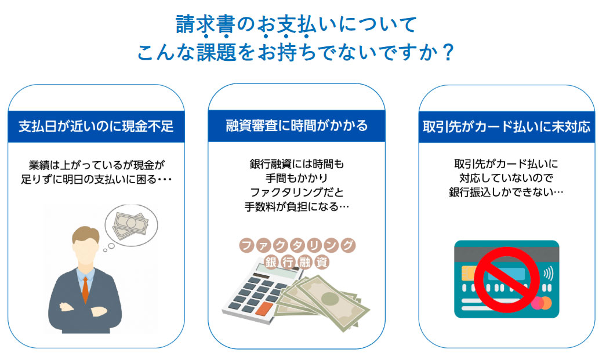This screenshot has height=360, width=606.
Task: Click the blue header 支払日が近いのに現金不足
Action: point(96,126)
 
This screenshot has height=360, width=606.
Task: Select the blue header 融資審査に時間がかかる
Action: point(296,126)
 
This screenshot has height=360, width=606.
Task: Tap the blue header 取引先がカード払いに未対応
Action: point(506,126)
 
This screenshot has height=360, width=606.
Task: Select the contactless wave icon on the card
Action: point(547,272)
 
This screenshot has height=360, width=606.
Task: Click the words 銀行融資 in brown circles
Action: point(296,261)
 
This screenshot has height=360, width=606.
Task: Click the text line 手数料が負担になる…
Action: point(296,206)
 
